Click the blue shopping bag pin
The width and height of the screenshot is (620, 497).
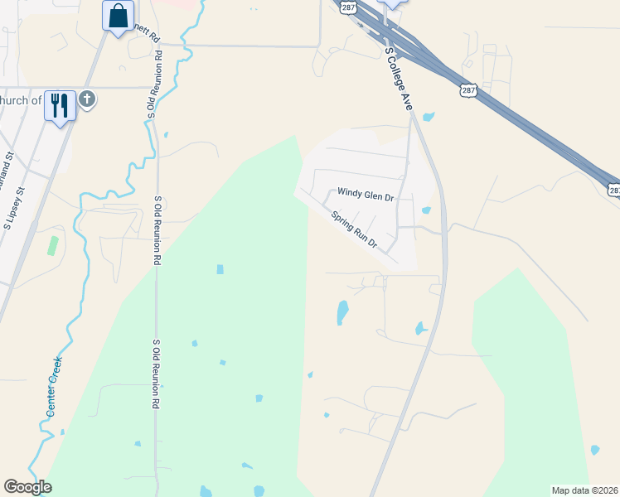tap(119, 15)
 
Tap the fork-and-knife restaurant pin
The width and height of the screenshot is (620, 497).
tap(60, 105)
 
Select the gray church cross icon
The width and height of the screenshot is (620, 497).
tap(87, 100)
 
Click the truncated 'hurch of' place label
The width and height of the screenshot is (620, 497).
tap(21, 101)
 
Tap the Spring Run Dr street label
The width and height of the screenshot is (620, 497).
tap(355, 230)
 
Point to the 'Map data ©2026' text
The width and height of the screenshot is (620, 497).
tap(584, 490)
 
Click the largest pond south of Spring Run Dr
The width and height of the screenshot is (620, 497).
tap(342, 312)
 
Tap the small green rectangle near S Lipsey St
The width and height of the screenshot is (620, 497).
tap(53, 245)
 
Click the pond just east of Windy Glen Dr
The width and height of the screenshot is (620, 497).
tap(425, 210)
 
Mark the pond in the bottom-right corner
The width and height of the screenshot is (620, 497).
tap(594, 451)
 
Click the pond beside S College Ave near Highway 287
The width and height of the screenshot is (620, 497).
tap(429, 117)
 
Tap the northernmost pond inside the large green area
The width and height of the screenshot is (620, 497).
tap(220, 269)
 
